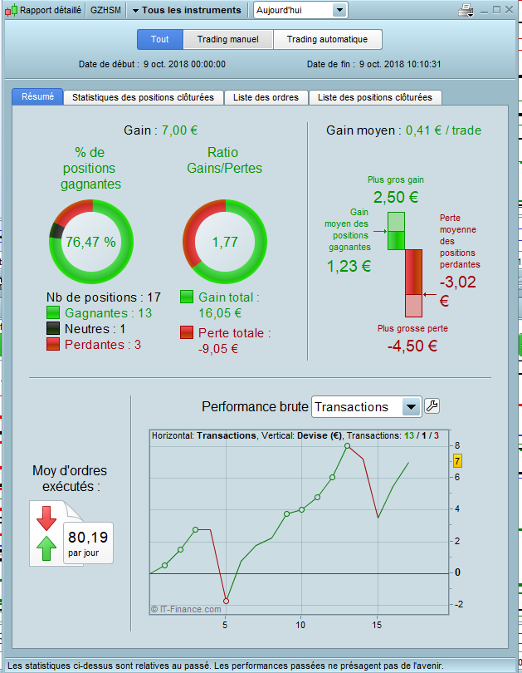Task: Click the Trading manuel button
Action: [228, 40]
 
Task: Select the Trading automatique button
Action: [328, 40]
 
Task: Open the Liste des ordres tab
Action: [266, 97]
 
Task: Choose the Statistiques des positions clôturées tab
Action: [143, 97]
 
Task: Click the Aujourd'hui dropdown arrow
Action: [339, 10]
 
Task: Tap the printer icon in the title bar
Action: [466, 10]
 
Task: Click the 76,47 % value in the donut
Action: [90, 242]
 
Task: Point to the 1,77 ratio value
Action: [225, 242]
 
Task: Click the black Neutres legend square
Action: [53, 328]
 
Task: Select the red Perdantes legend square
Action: [53, 344]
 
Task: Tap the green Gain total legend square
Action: [187, 297]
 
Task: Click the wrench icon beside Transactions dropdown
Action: [432, 406]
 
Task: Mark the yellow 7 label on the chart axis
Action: [458, 461]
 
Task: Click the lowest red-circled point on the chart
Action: [227, 601]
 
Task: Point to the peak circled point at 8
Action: [348, 446]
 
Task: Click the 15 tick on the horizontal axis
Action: [377, 625]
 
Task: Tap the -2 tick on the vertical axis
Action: [459, 604]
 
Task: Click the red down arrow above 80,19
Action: [46, 518]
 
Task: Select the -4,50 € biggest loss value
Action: [412, 346]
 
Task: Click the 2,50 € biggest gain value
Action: [396, 198]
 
